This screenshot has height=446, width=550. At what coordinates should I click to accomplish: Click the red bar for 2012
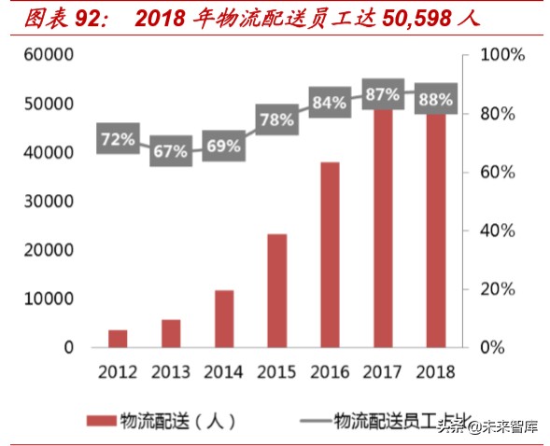tap(118, 338)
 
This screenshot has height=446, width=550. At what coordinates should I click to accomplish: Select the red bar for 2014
tap(224, 318)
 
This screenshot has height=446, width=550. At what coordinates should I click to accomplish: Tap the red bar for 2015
tap(277, 290)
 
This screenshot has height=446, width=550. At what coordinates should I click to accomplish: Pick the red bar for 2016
tap(330, 255)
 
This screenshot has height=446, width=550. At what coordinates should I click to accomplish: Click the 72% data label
tap(118, 140)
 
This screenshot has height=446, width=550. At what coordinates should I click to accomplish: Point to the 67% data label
tap(171, 150)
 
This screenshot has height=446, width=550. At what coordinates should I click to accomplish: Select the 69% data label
tap(224, 146)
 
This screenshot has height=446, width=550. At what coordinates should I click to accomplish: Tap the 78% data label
tap(277, 119)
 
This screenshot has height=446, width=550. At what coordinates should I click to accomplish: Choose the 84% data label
tap(330, 103)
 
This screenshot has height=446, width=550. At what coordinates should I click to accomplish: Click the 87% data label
tap(383, 94)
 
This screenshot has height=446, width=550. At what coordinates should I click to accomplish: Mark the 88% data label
tap(435, 99)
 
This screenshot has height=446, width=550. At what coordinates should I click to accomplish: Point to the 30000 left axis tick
tap(49, 202)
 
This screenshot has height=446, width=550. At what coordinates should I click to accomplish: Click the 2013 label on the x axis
tap(171, 372)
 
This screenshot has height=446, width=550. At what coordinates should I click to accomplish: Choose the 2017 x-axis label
tap(383, 372)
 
